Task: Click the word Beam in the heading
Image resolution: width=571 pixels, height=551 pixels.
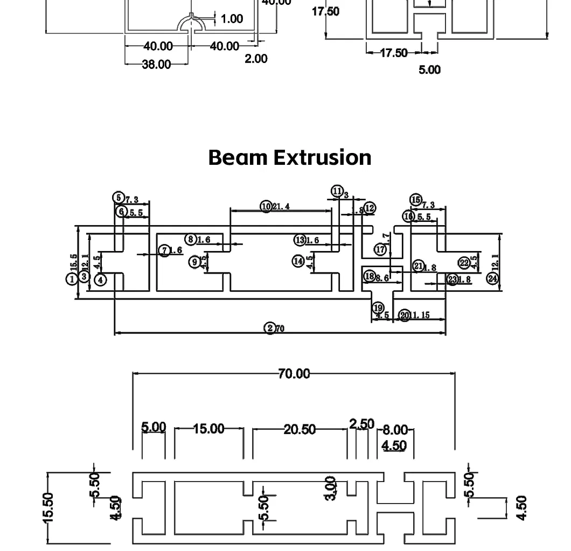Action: pyautogui.click(x=238, y=157)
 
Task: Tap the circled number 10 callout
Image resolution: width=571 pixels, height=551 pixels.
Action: pyautogui.click(x=266, y=206)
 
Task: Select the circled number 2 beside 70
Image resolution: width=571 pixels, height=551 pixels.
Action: pyautogui.click(x=270, y=328)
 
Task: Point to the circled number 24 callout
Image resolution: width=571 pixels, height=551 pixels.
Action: pyautogui.click(x=492, y=278)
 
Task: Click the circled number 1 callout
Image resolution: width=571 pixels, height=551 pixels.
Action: pyautogui.click(x=72, y=279)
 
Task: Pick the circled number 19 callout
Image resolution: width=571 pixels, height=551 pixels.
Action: pyautogui.click(x=378, y=308)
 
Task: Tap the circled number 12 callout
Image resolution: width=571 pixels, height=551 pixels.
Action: pyautogui.click(x=370, y=208)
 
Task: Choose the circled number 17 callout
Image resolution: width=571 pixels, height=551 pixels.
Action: pyautogui.click(x=380, y=249)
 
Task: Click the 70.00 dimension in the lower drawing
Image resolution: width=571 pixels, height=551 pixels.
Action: pyautogui.click(x=294, y=373)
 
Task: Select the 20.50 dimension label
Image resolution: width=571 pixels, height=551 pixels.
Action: pyautogui.click(x=300, y=429)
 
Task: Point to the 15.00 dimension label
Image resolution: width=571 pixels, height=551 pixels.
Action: pyautogui.click(x=208, y=429)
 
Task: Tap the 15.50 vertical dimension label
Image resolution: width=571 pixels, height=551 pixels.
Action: pyautogui.click(x=48, y=507)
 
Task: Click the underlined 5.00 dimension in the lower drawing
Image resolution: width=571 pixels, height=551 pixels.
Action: pyautogui.click(x=154, y=427)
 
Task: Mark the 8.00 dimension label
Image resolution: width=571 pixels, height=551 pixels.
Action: pyautogui.click(x=395, y=430)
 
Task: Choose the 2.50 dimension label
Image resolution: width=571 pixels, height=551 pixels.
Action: pyautogui.click(x=361, y=424)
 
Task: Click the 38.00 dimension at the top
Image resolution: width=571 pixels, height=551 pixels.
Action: pyautogui.click(x=156, y=64)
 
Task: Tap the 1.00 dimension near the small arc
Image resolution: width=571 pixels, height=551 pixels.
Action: pyautogui.click(x=232, y=19)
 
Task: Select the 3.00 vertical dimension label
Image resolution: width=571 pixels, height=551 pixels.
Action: pyautogui.click(x=331, y=488)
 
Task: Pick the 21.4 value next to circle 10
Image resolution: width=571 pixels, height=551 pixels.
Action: pyautogui.click(x=281, y=206)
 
